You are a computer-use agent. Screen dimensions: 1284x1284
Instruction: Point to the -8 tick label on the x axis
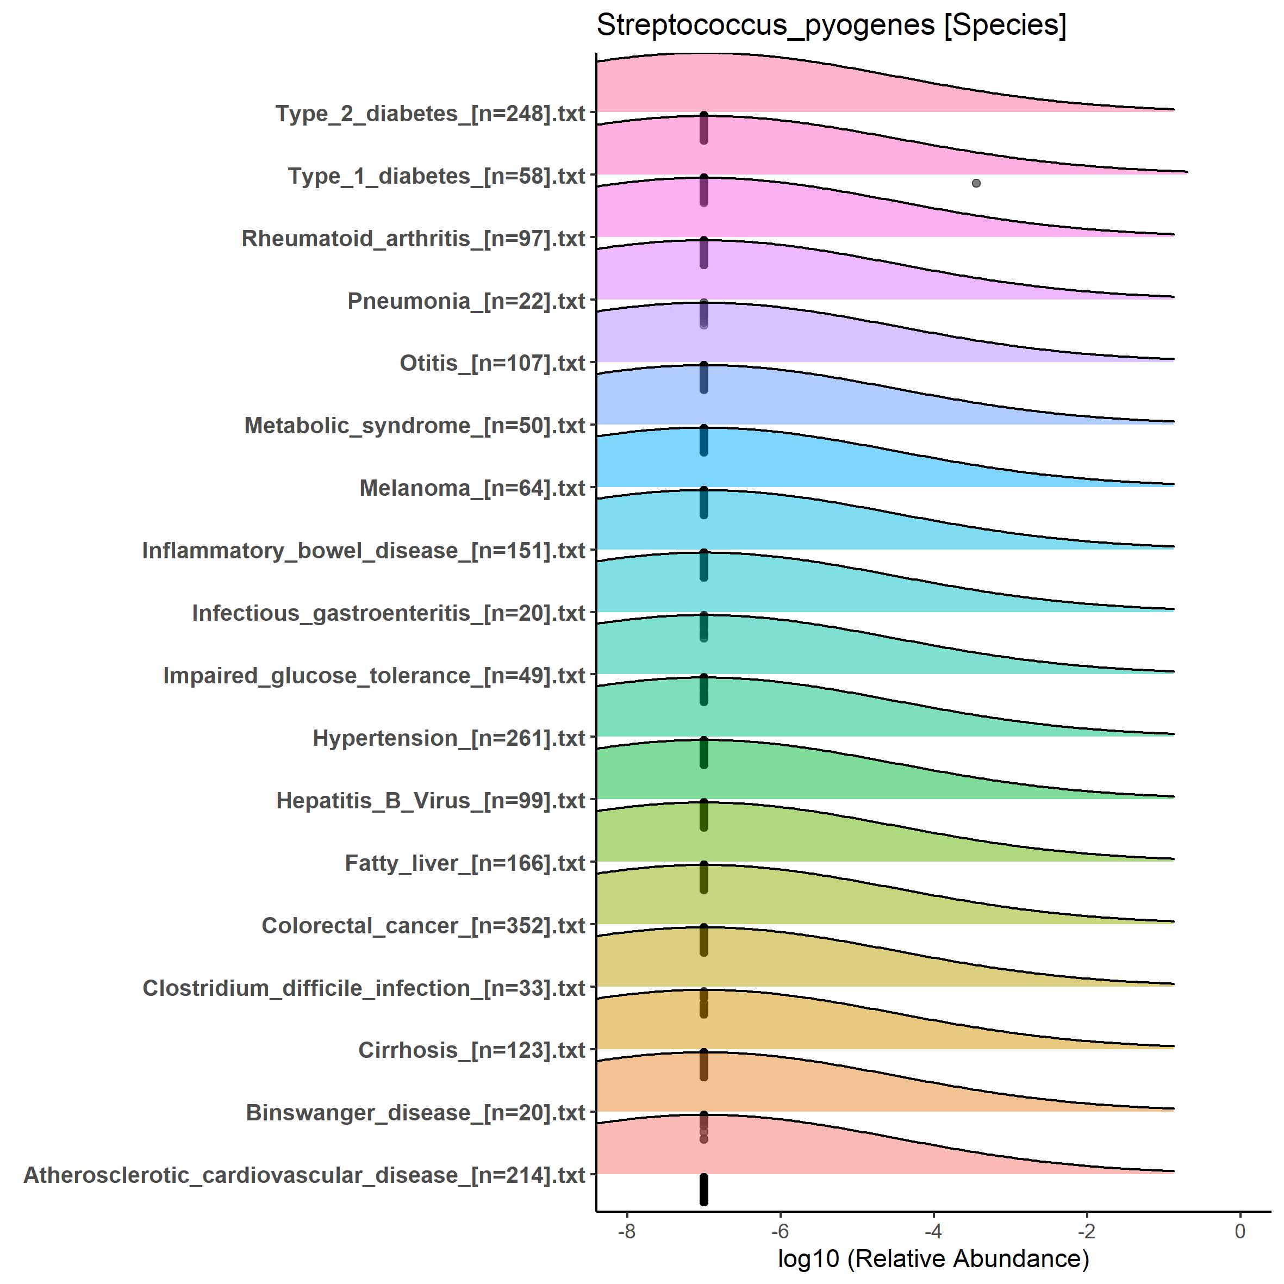[x=626, y=1231]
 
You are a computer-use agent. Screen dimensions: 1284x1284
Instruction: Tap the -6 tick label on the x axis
[x=780, y=1231]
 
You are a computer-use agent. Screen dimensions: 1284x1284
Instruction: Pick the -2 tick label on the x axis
[x=1086, y=1231]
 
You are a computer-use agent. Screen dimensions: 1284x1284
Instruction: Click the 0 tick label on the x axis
[x=1239, y=1231]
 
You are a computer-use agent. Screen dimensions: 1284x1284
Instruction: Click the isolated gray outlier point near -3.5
[x=976, y=183]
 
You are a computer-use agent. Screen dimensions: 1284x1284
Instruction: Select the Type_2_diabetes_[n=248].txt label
[x=430, y=114]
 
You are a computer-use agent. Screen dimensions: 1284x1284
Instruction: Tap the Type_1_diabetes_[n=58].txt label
[x=436, y=176]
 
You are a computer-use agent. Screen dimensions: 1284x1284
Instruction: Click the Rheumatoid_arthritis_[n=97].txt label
[x=413, y=239]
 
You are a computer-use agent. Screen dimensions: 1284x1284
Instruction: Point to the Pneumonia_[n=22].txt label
[x=466, y=301]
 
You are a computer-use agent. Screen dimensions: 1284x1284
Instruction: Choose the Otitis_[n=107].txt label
[x=492, y=364]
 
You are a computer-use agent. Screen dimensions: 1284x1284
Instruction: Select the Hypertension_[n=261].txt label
[x=448, y=738]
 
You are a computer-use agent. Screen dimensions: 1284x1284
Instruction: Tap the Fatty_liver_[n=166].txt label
[x=465, y=863]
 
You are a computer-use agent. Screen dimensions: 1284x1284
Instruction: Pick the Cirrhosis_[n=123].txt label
[x=471, y=1051]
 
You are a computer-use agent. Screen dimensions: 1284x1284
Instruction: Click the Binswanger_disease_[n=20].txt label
[x=415, y=1113]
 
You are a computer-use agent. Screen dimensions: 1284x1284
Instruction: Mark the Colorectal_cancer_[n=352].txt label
[x=423, y=926]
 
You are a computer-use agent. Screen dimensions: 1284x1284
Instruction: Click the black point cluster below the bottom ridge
[x=704, y=1189]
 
